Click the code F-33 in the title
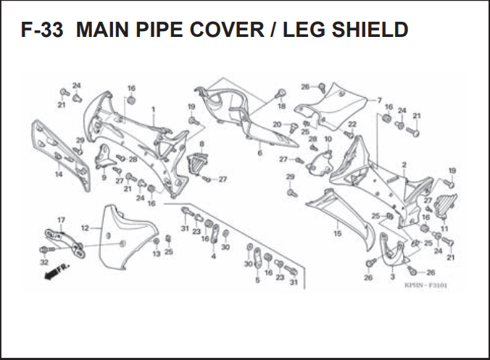pyautogui.click(x=42, y=30)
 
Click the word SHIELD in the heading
pyautogui.click(x=370, y=30)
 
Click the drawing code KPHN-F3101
pyautogui.click(x=426, y=285)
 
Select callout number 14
pyautogui.click(x=59, y=175)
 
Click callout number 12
pyautogui.click(x=85, y=228)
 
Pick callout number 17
pyautogui.click(x=61, y=220)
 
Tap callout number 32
pyautogui.click(x=44, y=262)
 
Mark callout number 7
pyautogui.click(x=379, y=100)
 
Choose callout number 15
pyautogui.click(x=338, y=233)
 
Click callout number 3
pyautogui.click(x=392, y=277)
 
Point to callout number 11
pyautogui.click(x=444, y=229)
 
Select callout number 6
pyautogui.click(x=259, y=153)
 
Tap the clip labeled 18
pyautogui.click(x=281, y=93)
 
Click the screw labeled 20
pyautogui.click(x=293, y=127)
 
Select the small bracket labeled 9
pyautogui.click(x=104, y=156)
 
